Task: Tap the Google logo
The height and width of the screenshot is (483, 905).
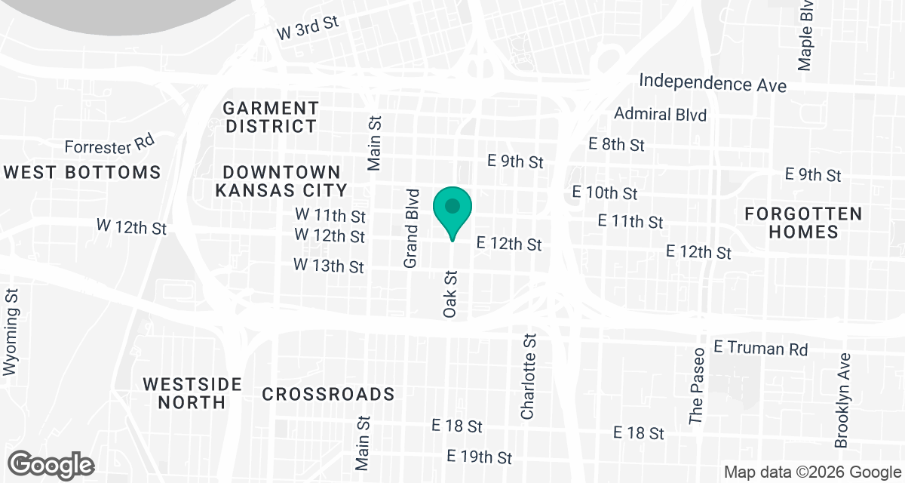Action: coord(51,464)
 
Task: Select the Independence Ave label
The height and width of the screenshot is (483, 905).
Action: coord(713,82)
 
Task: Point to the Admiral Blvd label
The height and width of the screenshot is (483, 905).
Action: coord(660,115)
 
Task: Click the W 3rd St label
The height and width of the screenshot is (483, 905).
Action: coord(308,29)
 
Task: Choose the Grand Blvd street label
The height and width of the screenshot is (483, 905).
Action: coord(411,228)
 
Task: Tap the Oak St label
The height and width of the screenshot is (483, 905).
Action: coord(451,294)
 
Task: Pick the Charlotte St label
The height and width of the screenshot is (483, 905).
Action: coord(527,377)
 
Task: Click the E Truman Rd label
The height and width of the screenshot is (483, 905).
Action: coord(760,349)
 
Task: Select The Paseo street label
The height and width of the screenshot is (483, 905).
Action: coord(697,385)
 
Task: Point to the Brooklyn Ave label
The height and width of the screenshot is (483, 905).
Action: coord(842,400)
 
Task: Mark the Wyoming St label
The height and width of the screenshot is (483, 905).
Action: coord(11,332)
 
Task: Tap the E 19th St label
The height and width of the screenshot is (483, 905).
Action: coord(479,457)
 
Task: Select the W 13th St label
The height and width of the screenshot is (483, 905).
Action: coord(329,266)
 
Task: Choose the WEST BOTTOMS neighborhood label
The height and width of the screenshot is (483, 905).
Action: coord(83,172)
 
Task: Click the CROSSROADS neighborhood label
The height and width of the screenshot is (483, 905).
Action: coord(328,394)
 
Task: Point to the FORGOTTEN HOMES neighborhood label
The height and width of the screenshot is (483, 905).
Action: coord(803,223)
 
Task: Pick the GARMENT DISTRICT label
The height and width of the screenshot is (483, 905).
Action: coord(272,117)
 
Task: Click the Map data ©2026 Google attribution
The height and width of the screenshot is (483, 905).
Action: coord(811,472)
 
